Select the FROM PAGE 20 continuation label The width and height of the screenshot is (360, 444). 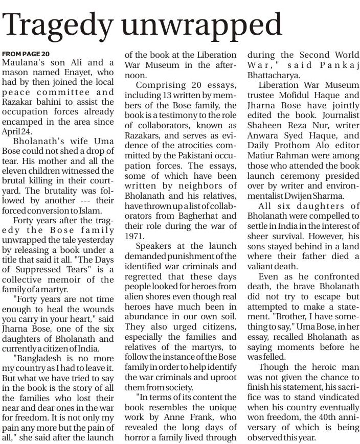26,54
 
